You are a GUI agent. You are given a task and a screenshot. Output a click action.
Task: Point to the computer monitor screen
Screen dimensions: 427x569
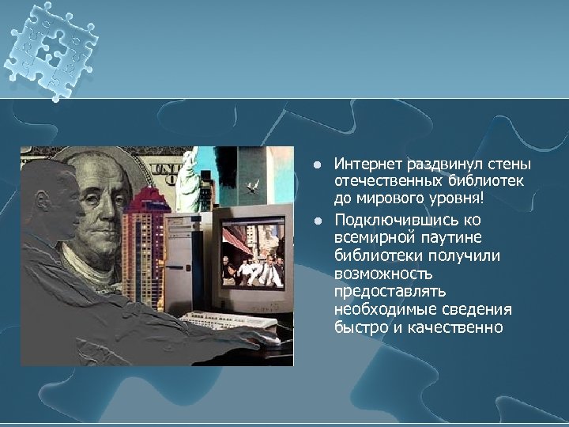(x=252, y=255)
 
